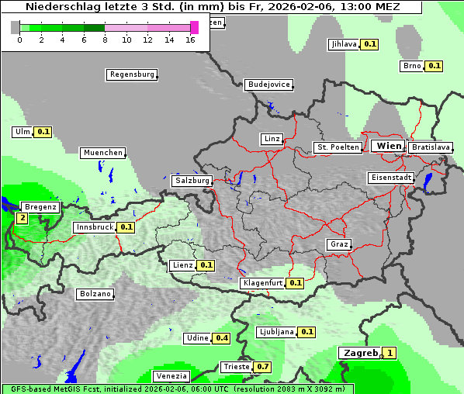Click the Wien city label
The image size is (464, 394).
pos(389,146)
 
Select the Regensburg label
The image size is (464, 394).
pos(131,74)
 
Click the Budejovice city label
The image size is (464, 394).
pos(268,85)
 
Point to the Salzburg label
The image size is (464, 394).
pos(192,181)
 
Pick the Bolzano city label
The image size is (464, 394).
pos(95,294)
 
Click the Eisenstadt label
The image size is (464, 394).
pos(390,178)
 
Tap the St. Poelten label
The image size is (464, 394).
pos(338,147)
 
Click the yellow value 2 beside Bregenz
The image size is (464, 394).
pos(22,219)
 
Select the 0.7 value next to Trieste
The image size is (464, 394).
pos(263,367)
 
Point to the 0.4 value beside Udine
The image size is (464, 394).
pos(222,338)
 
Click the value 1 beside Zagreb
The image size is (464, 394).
pos(390,353)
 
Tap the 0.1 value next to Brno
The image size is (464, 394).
pos(434,66)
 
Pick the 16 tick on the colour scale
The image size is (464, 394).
pos(191,40)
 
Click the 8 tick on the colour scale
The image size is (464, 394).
pos(105,40)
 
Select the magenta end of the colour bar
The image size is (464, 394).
pos(194,27)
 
